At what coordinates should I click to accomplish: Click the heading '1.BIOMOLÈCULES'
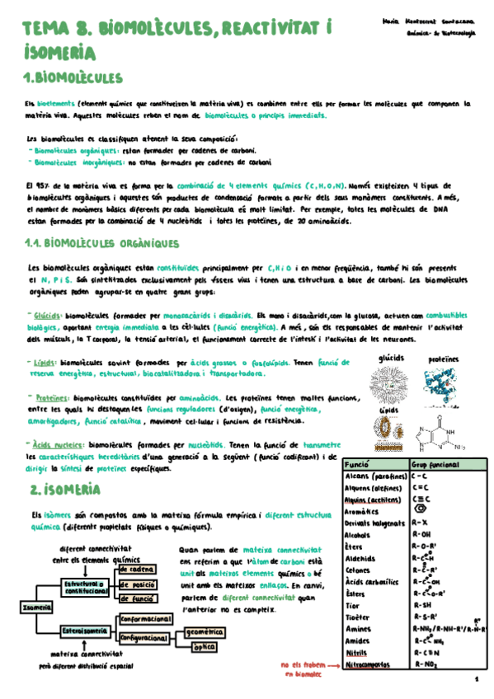pos(74,78)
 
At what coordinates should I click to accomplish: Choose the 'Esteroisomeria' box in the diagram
pos(86,631)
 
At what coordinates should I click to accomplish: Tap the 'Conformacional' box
pos(145,618)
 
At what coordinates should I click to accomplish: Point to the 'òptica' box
pos(204,647)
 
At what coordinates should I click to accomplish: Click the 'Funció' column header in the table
pos(355,464)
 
